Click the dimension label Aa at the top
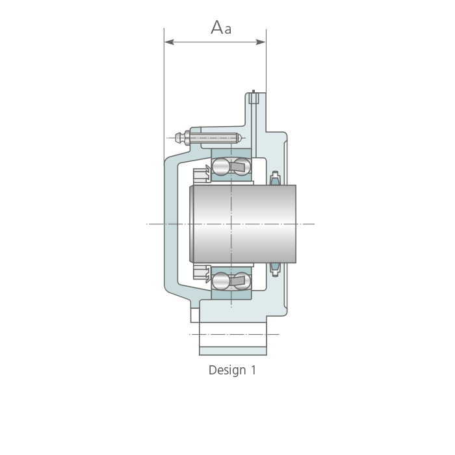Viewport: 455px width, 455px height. [221, 27]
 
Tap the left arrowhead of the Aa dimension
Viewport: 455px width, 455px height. [169, 42]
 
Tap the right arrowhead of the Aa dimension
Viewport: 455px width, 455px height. [261, 42]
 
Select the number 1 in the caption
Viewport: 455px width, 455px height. [253, 370]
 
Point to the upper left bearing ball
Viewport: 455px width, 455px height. [221, 166]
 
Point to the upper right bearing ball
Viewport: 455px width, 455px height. [242, 166]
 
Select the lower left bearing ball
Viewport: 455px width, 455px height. [221, 281]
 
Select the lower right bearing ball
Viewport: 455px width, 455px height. [242, 281]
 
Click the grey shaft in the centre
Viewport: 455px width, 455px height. [243, 224]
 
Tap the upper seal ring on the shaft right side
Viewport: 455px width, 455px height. [275, 178]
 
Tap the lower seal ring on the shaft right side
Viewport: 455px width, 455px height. [275, 270]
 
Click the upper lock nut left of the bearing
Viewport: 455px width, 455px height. [201, 175]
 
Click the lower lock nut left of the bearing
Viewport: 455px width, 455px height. [201, 273]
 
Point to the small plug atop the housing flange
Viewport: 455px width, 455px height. [253, 97]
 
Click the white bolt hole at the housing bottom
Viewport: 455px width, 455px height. [233, 335]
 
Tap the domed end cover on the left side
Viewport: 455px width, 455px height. [171, 224]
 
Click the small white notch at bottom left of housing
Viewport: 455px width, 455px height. [195, 315]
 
